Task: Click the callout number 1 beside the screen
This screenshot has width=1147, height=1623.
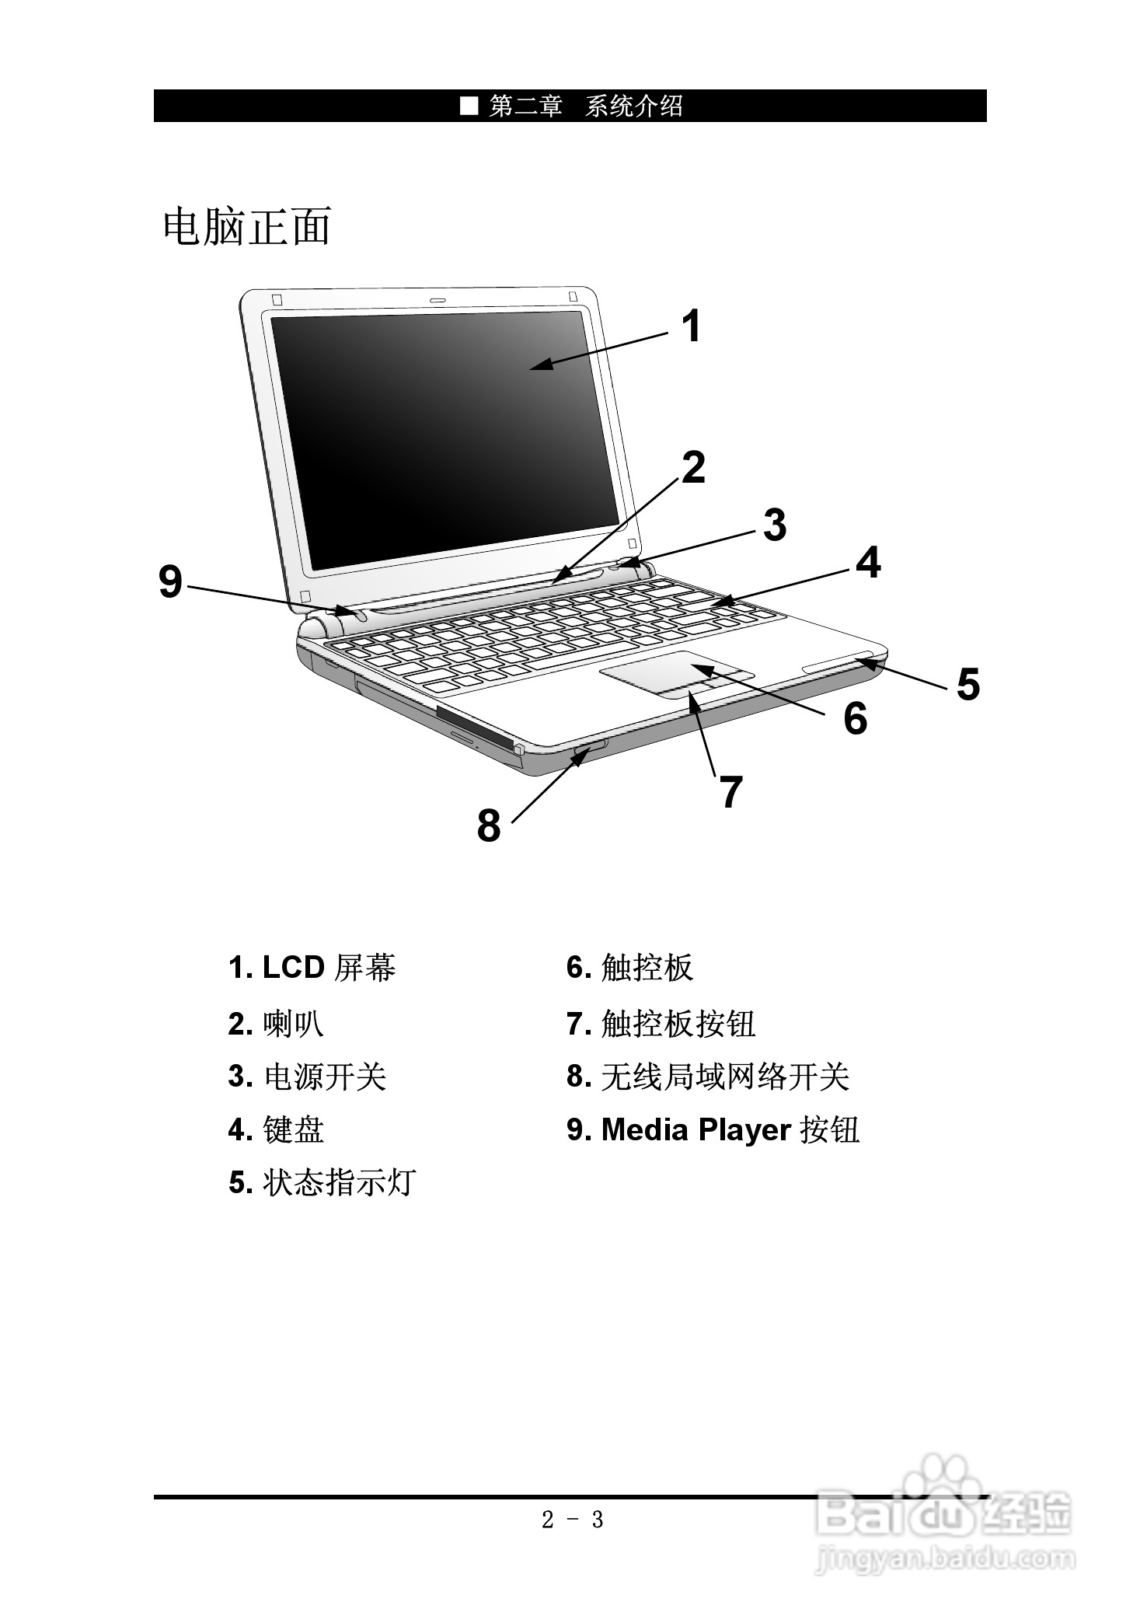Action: point(691,326)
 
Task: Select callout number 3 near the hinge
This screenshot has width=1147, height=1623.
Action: point(774,525)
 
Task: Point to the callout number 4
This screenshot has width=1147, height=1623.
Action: point(868,563)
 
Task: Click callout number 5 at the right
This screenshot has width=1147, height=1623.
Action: point(967,685)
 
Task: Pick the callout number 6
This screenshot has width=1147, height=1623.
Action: point(855,718)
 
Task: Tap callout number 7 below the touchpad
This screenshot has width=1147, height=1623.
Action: point(730,792)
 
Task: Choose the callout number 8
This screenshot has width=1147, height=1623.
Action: point(488,825)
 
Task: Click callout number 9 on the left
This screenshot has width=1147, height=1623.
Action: point(170,581)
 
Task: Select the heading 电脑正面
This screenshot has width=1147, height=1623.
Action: point(247,227)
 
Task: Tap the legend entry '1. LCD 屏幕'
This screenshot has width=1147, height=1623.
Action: point(312,968)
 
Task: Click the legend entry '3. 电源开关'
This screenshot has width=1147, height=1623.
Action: point(307,1077)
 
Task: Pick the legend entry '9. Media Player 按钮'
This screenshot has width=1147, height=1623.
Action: point(713,1129)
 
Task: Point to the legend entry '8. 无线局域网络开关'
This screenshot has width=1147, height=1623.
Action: point(707,1077)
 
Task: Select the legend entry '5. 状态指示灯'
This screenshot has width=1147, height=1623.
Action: point(322,1182)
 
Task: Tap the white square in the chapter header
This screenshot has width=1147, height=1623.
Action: point(469,106)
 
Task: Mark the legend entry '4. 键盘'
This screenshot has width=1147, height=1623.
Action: point(276,1129)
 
